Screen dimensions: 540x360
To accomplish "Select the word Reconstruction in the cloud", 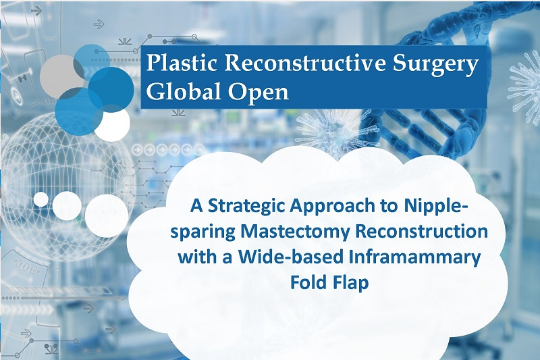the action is pos(421,231).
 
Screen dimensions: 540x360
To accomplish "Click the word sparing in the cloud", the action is pos(203,232).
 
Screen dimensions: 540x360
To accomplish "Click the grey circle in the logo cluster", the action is pos(61,74).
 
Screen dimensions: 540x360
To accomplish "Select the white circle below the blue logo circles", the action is pos(112,123).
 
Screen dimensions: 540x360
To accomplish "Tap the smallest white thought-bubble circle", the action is pos(40,199).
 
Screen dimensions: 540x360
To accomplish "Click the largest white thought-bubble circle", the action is pos(107,216).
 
